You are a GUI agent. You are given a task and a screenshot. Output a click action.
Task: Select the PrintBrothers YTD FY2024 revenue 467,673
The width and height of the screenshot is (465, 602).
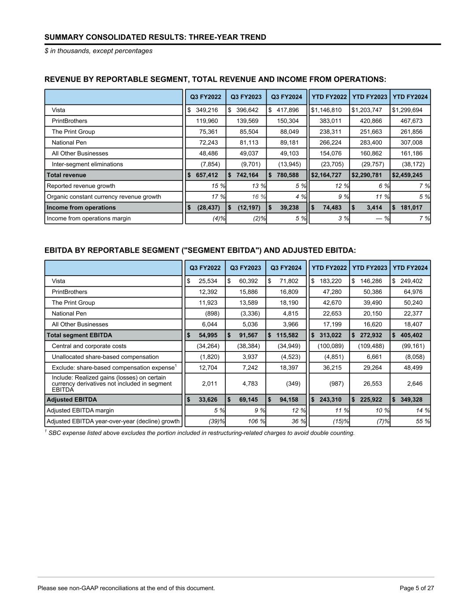412,121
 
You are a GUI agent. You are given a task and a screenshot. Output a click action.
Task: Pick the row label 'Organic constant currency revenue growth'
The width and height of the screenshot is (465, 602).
104,197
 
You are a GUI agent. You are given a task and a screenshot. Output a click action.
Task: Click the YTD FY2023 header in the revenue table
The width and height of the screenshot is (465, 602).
369,97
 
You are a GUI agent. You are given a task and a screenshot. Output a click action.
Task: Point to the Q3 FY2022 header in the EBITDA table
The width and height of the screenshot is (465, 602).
205,268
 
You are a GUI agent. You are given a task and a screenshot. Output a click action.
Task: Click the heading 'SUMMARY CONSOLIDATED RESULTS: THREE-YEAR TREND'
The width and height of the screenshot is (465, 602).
155,37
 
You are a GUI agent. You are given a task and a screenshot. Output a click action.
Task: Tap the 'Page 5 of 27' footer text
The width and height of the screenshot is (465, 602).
417,588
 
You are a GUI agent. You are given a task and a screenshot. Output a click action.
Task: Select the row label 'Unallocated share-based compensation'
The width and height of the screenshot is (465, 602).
105,357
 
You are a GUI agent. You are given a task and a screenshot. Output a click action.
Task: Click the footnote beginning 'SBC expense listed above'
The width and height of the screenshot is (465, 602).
201,433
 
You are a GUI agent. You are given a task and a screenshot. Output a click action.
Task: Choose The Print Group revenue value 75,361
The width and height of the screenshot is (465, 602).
210,131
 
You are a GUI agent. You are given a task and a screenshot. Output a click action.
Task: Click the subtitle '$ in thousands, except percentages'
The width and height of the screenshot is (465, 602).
98,51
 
